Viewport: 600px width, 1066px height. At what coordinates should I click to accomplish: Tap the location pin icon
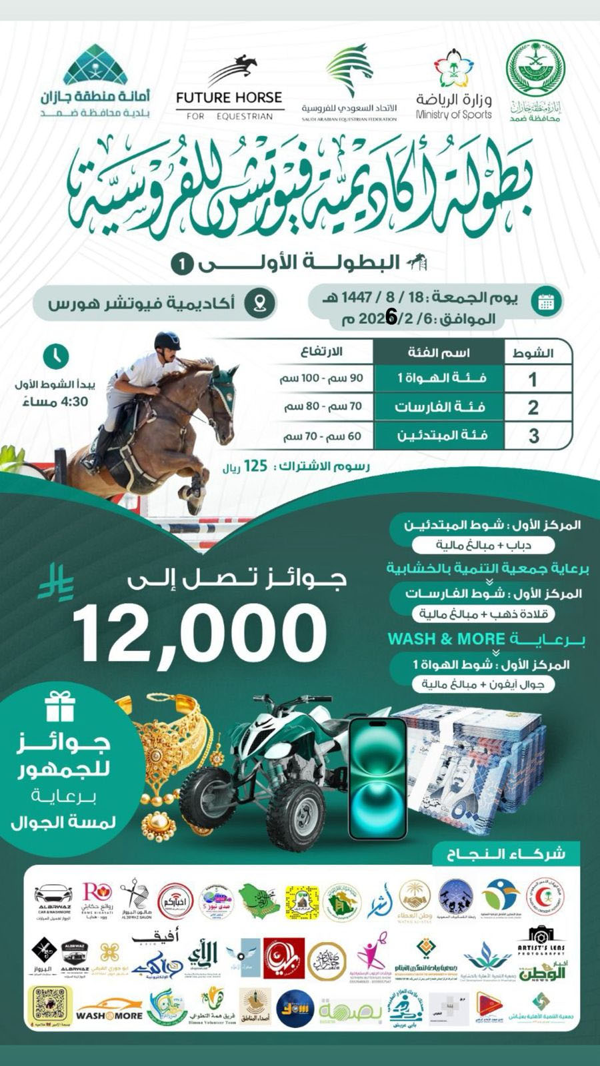click(x=259, y=302)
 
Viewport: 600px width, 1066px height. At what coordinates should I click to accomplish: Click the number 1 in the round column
click(x=532, y=379)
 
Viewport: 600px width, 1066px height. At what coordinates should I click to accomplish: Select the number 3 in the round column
click(x=533, y=436)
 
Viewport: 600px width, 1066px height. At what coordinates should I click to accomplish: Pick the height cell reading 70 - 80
click(x=323, y=406)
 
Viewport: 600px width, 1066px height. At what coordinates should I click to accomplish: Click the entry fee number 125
click(x=255, y=466)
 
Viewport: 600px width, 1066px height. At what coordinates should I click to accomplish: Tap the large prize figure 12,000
click(x=200, y=630)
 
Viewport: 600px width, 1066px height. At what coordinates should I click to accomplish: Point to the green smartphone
click(x=378, y=778)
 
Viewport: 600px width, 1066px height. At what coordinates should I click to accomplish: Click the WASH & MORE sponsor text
click(x=446, y=639)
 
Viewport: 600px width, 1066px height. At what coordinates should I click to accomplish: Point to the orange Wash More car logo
click(x=109, y=1008)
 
